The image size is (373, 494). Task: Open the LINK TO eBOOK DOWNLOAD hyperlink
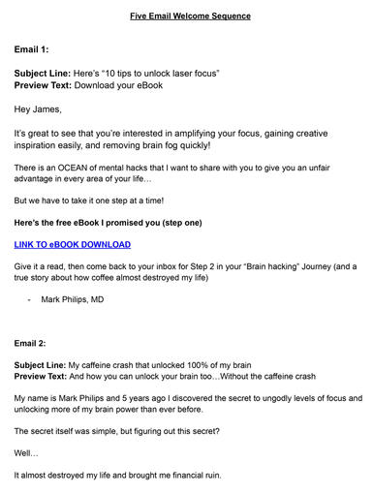tap(73, 244)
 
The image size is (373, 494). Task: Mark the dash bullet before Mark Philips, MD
tap(29, 300)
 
